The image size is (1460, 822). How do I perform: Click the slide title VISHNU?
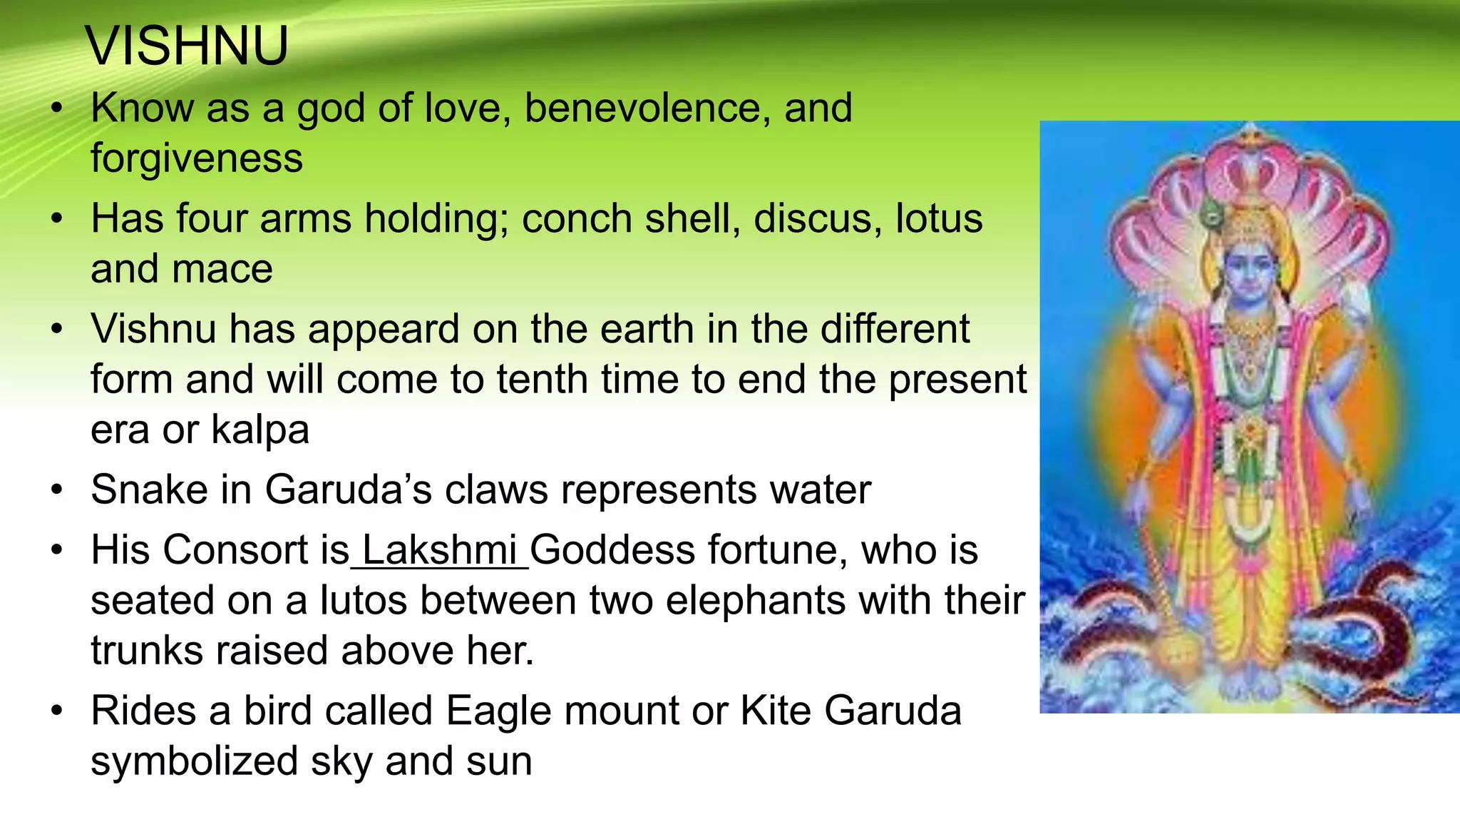coord(187,46)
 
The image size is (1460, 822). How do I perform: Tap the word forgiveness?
coord(197,158)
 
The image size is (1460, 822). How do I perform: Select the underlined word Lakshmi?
coord(440,550)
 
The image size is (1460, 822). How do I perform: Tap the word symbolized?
coord(194,761)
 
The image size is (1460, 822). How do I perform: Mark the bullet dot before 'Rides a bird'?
coord(57,711)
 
